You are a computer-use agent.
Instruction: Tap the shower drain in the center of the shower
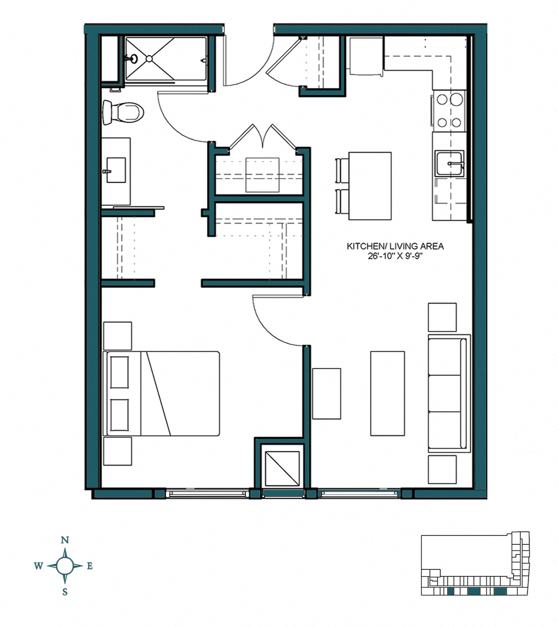tap(149, 59)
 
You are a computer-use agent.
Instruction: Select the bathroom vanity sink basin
tap(116, 170)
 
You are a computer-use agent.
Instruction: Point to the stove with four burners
tap(449, 111)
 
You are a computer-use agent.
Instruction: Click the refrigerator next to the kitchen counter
tap(366, 56)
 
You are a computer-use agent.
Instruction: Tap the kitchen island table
tap(370, 186)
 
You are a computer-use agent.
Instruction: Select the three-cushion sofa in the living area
tap(447, 393)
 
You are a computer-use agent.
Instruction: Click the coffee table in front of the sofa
tap(387, 393)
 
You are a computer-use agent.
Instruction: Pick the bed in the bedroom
tap(163, 393)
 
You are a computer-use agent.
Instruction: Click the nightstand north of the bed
tap(117, 336)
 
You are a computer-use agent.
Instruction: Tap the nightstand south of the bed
tap(117, 451)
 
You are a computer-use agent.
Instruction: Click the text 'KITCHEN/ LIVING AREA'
tap(395, 246)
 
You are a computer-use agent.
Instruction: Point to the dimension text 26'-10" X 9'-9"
tap(395, 256)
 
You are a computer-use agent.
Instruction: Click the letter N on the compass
tap(65, 540)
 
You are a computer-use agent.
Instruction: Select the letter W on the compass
tap(39, 566)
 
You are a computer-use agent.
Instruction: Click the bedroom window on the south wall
tap(207, 494)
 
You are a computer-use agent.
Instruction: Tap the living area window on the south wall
tap(360, 494)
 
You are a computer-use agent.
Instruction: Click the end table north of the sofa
tap(442, 317)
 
